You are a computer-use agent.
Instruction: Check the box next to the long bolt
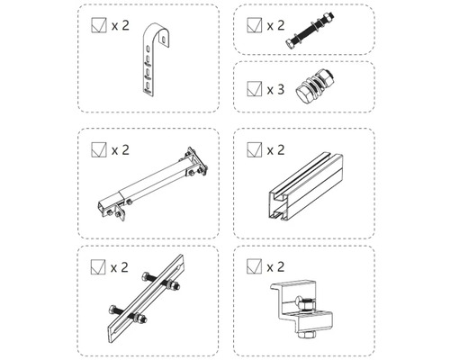pos(253,26)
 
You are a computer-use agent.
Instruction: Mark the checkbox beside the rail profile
pos(253,148)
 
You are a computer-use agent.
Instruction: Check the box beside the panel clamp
pos(253,266)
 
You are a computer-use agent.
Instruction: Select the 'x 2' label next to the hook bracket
pos(121,27)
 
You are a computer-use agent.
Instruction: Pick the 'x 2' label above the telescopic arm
pos(121,148)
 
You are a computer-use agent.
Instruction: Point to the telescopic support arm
pos(150,184)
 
